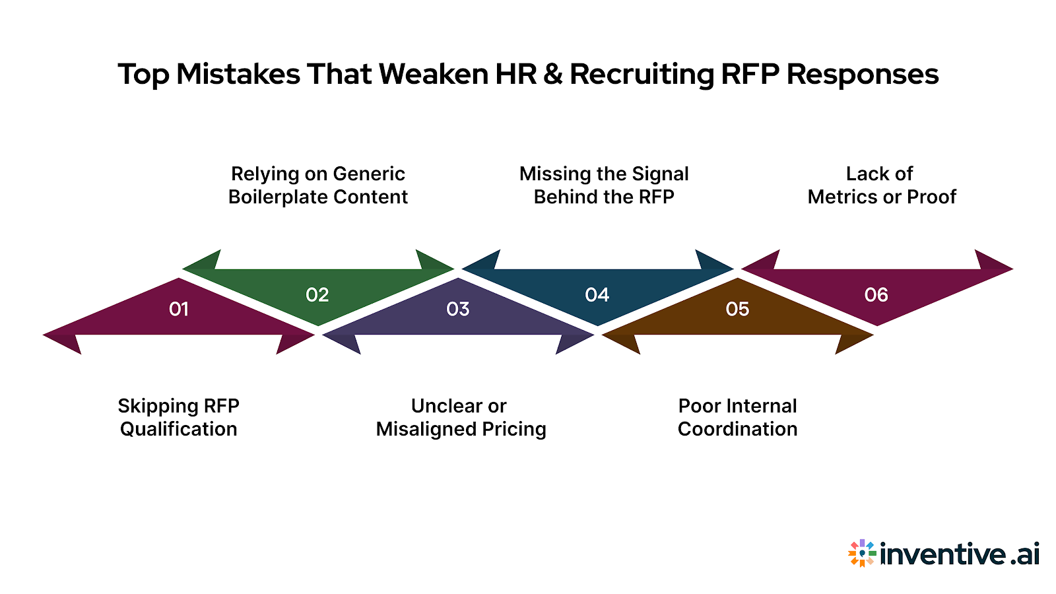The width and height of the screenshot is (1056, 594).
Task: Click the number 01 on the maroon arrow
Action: pos(179,309)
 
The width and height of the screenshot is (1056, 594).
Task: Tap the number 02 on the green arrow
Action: pos(317,295)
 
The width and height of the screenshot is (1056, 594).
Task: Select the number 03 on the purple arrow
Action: pos(458,309)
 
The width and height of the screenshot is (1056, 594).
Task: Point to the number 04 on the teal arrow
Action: pos(597,295)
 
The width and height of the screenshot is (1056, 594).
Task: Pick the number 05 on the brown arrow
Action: pos(737,309)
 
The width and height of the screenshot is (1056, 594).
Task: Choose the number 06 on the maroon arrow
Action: pos(876,295)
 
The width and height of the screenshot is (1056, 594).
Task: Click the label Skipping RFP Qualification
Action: pos(178,417)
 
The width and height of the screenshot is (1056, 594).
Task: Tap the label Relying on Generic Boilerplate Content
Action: pos(318,185)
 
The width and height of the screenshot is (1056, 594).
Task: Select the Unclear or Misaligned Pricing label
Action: pos(461,417)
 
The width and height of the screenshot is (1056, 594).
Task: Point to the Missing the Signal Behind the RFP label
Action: pos(604,185)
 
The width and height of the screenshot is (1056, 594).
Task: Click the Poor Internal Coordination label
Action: pos(737,417)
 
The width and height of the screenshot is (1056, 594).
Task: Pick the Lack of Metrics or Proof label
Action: pos(882,185)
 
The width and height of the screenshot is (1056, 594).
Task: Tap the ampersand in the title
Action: pos(553,74)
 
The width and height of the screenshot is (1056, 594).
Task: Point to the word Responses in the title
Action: pos(863,74)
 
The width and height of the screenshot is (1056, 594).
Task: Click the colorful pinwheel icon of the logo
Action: pos(862,553)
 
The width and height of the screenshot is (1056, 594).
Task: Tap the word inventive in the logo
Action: pos(943,553)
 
